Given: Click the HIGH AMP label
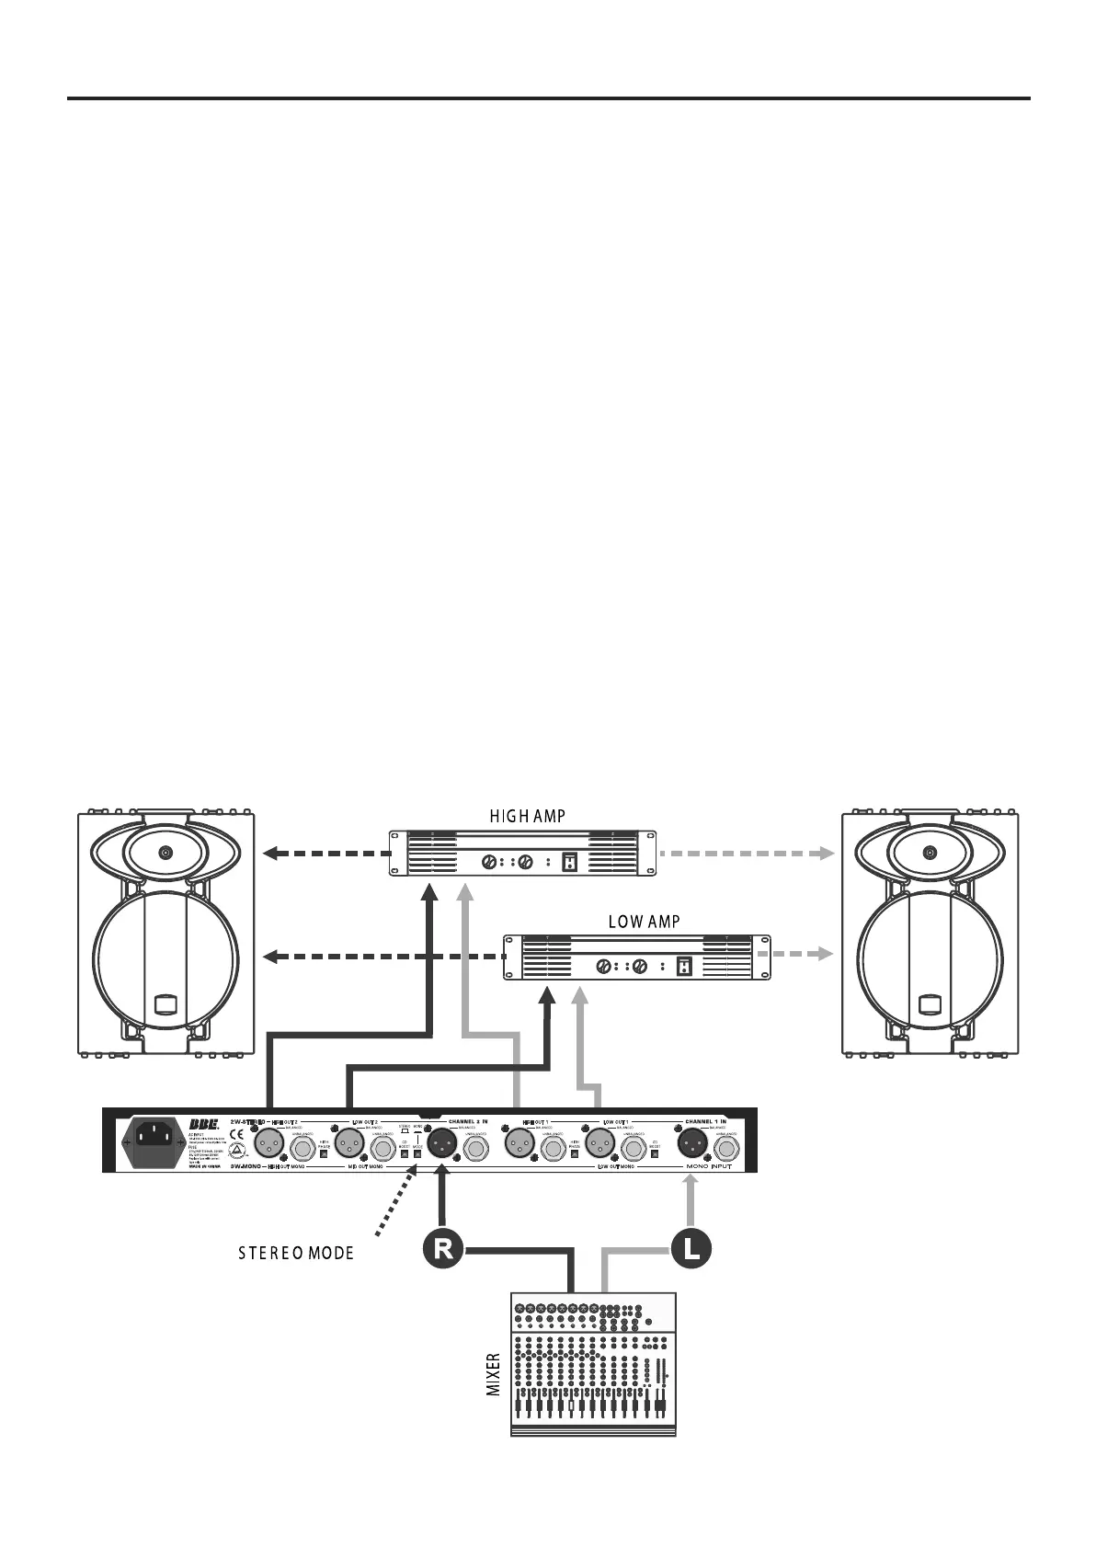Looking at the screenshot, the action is click(x=527, y=816).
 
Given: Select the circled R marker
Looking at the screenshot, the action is click(x=443, y=1249).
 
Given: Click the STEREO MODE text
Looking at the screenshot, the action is click(x=291, y=1254).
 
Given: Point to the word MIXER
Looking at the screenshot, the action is click(x=494, y=1374).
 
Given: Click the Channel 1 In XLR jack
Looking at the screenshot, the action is click(x=692, y=1145).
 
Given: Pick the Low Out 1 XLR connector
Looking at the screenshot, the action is click(x=599, y=1145).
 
